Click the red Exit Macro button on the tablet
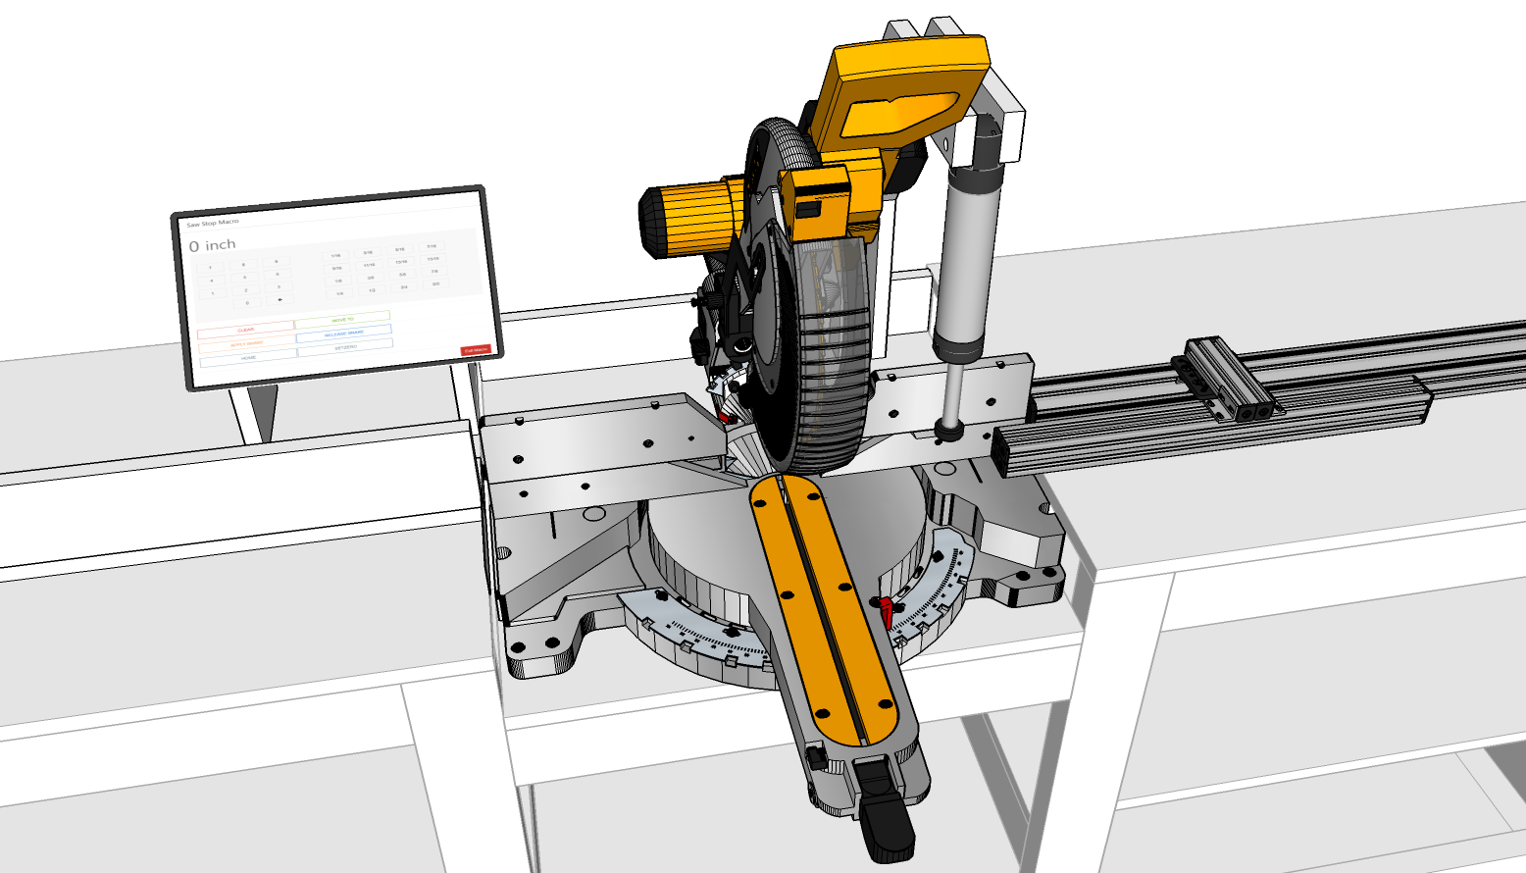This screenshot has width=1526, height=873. tap(476, 350)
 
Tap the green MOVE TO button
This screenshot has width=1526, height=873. tap(342, 320)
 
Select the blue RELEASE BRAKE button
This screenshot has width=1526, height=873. tap(343, 334)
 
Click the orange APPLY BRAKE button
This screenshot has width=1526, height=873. tap(247, 344)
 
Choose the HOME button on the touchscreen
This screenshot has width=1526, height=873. tap(248, 358)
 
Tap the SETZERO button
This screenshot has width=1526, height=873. tap(345, 347)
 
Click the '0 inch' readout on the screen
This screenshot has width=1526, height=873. tap(213, 245)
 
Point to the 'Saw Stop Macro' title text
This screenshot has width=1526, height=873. tap(213, 223)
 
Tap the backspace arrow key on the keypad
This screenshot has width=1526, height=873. tap(280, 299)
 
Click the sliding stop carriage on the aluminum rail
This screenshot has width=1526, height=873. tap(1226, 378)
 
